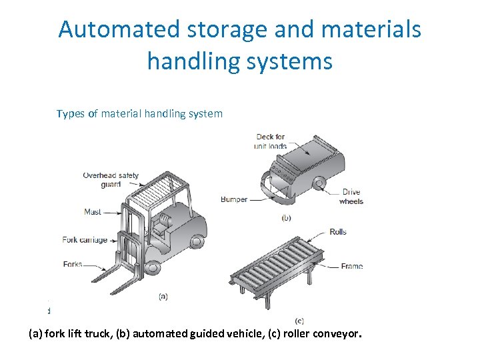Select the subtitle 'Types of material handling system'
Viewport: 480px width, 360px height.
click(139, 113)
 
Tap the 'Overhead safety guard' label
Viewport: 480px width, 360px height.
click(111, 180)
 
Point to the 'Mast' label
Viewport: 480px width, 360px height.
click(93, 212)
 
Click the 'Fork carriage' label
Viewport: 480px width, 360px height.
click(85, 240)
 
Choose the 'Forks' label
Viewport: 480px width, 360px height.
click(72, 264)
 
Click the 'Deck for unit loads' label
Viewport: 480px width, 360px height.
click(271, 141)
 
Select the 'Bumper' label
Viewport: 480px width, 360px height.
click(234, 199)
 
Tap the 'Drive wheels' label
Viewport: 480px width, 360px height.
click(351, 197)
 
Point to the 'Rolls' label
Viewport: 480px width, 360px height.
click(338, 232)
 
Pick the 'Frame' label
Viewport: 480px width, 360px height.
click(351, 266)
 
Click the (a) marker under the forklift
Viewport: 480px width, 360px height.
click(163, 296)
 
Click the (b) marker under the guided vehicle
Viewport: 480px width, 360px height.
click(286, 217)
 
